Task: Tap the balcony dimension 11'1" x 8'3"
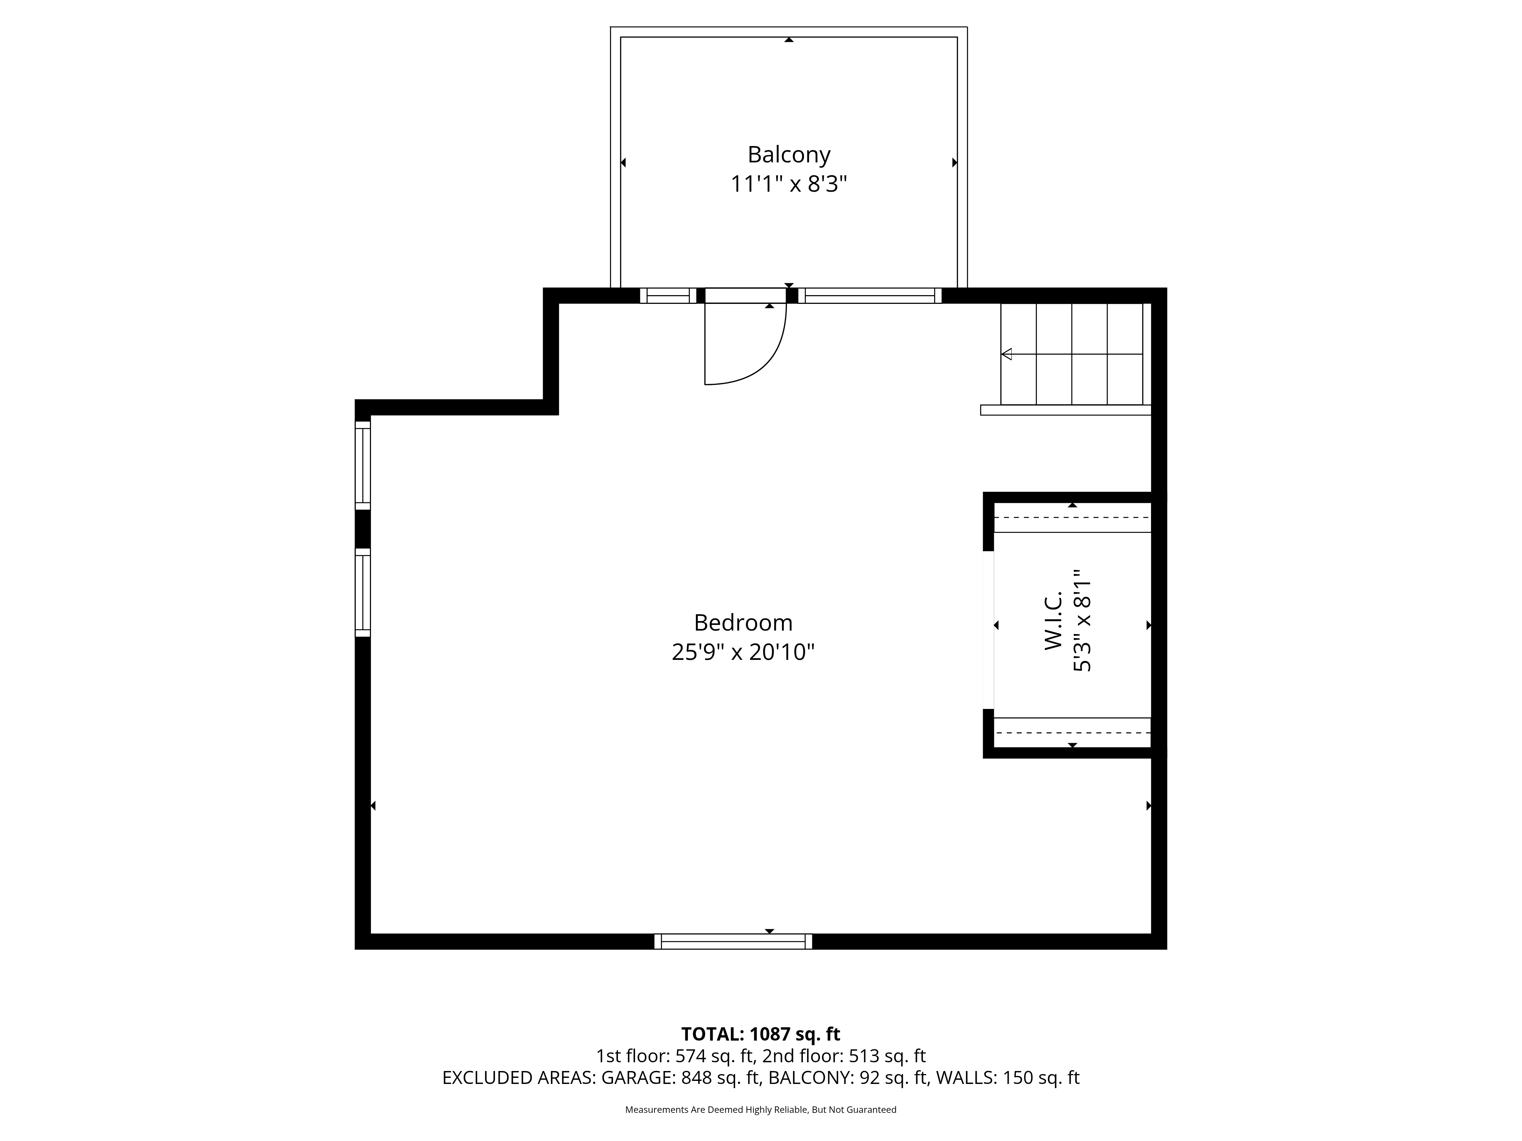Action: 788,184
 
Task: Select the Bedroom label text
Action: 743,623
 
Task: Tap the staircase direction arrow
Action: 1071,354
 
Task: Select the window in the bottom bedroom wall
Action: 733,942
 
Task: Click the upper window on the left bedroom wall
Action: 363,466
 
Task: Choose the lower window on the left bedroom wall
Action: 363,593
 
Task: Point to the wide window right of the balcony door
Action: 870,296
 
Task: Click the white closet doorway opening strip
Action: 989,630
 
